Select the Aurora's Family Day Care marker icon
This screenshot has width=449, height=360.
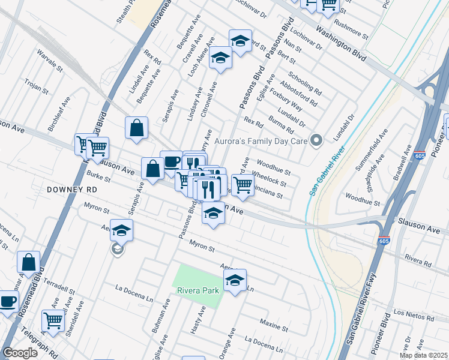318,141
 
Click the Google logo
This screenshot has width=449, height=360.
20,353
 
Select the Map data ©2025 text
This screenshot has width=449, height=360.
424,355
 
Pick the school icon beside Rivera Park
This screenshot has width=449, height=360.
235,280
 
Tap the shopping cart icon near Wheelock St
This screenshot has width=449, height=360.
243,184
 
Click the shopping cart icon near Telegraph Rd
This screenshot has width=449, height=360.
53,321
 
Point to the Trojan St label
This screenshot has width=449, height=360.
36,88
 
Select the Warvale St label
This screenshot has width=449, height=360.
50,60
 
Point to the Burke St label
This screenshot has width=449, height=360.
98,178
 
